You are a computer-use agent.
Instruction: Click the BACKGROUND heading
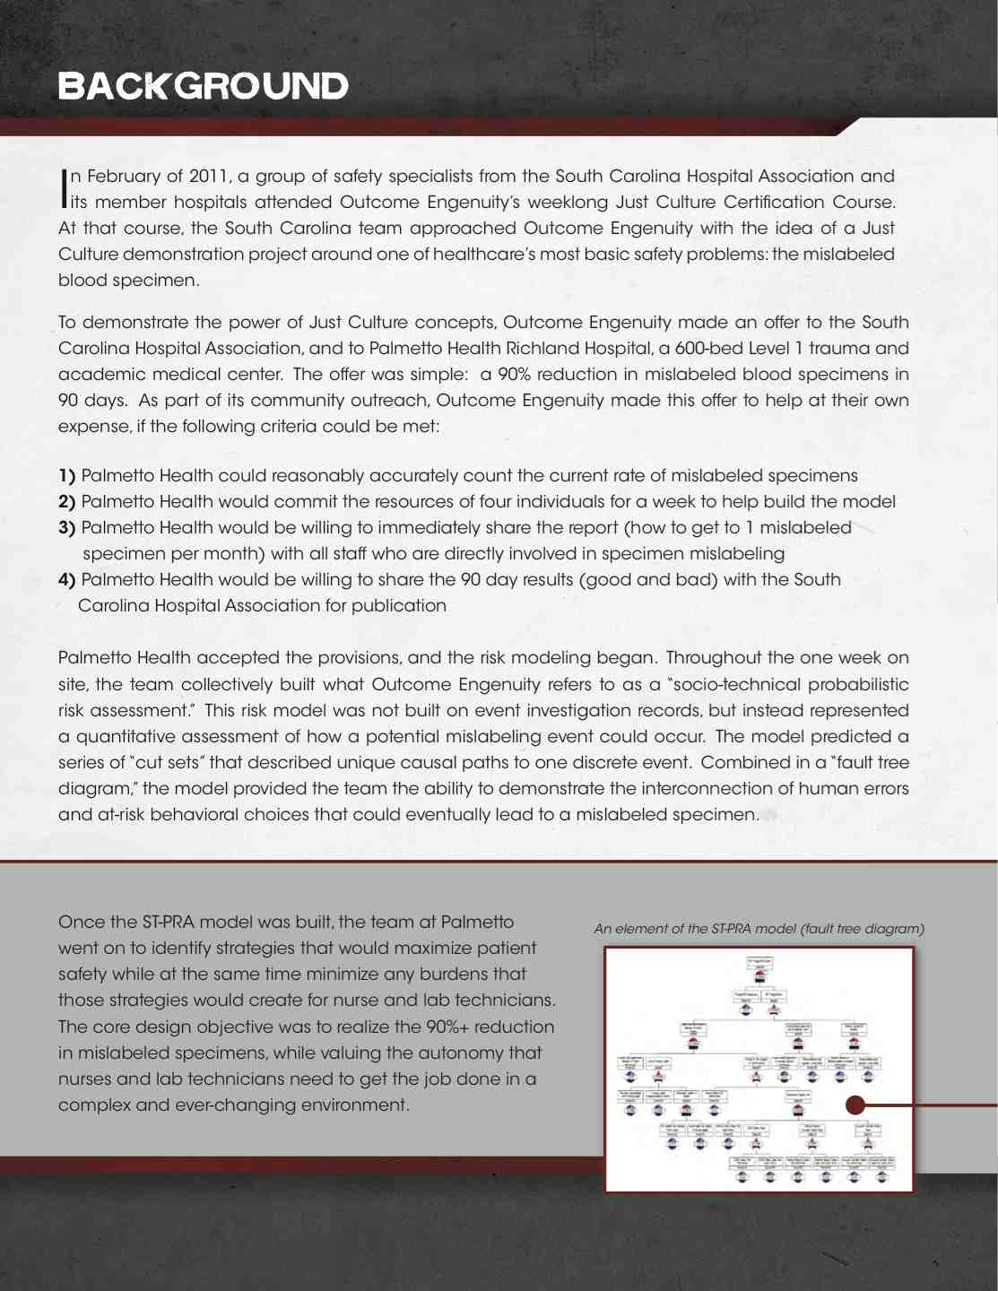pyautogui.click(x=203, y=86)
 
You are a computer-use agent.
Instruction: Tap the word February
pyautogui.click(x=124, y=176)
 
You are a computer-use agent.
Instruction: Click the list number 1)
pyautogui.click(x=66, y=476)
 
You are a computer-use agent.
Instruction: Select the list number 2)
pyautogui.click(x=66, y=502)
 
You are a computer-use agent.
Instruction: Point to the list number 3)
pyautogui.click(x=66, y=528)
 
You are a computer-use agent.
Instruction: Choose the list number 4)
pyautogui.click(x=66, y=580)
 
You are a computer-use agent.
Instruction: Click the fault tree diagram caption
pyautogui.click(x=759, y=929)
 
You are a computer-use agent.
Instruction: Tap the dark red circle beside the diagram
pyautogui.click(x=856, y=1105)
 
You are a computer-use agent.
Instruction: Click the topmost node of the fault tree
pyautogui.click(x=759, y=963)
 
